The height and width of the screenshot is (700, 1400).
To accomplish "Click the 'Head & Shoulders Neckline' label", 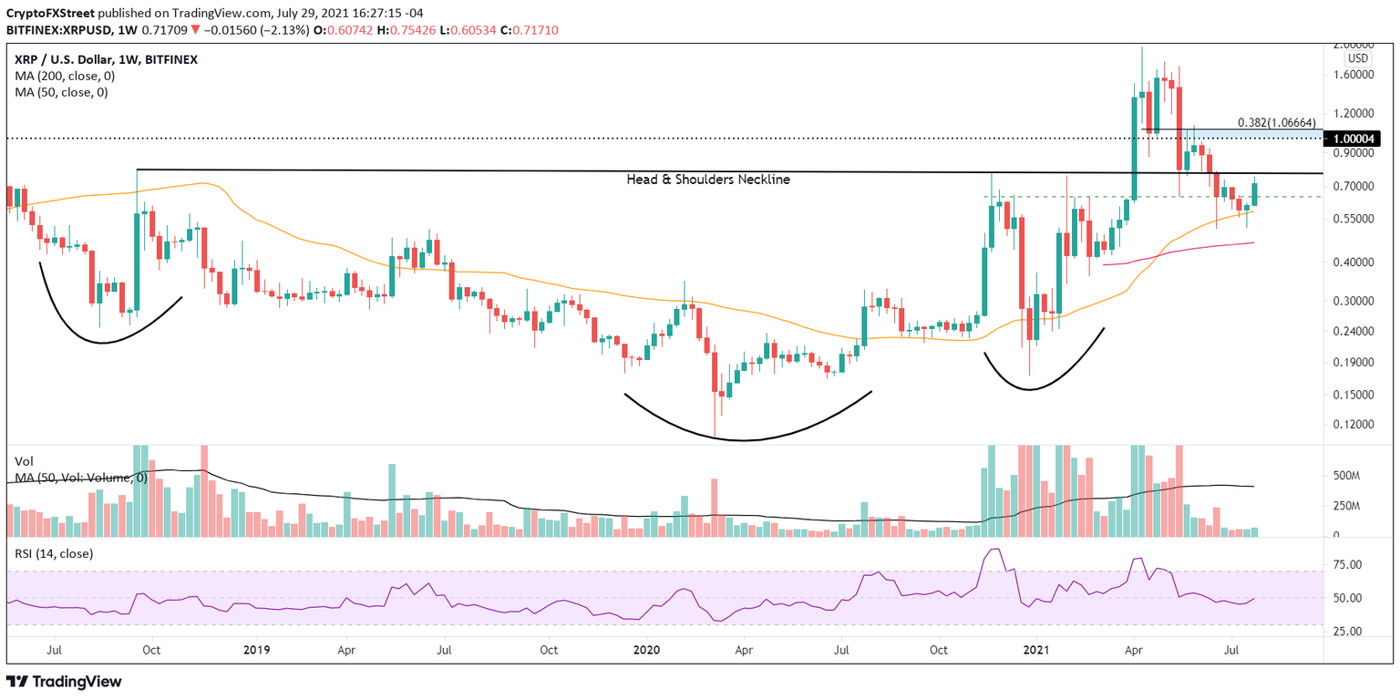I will [708, 180].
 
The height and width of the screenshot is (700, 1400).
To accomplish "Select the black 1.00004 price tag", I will [1354, 139].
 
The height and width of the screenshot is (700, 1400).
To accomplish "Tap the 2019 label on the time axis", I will [258, 650].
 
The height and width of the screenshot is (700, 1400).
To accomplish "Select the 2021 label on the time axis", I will [1035, 650].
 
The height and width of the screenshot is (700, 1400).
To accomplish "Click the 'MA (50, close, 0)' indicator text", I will [59, 92].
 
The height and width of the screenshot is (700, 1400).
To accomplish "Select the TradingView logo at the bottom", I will [64, 682].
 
